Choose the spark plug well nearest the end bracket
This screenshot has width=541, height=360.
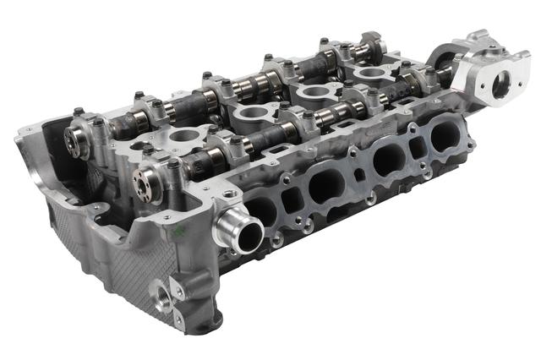click(369, 74)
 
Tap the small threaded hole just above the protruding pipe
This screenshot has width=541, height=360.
click(227, 194)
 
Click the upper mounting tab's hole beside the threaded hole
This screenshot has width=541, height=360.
click(179, 290)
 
